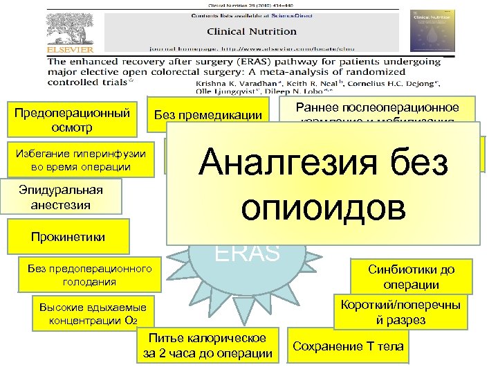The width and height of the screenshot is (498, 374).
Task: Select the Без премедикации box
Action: point(208,116)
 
